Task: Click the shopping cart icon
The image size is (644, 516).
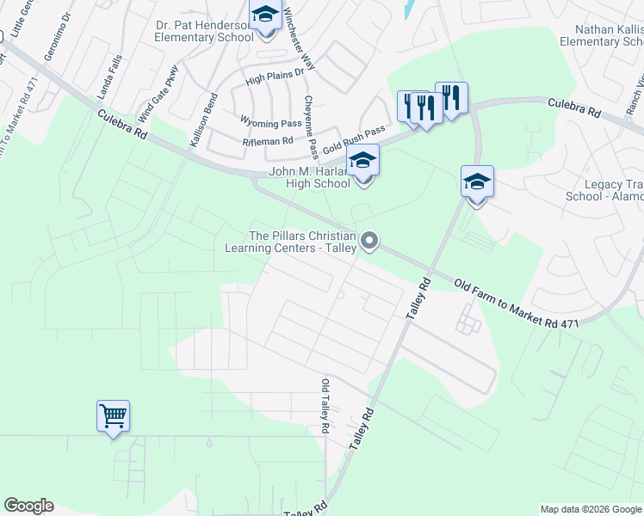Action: click(113, 417)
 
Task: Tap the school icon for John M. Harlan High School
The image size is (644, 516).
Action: click(362, 162)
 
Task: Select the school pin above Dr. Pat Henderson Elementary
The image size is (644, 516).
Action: click(265, 15)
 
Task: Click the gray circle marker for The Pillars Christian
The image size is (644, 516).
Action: click(369, 241)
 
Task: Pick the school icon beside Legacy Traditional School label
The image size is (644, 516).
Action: click(477, 182)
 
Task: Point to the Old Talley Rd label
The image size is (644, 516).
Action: click(325, 405)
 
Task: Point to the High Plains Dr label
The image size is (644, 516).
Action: click(276, 76)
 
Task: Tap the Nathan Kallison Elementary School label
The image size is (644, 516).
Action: click(601, 34)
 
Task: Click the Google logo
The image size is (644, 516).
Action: click(28, 506)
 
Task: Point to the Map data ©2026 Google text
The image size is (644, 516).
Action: click(591, 509)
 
